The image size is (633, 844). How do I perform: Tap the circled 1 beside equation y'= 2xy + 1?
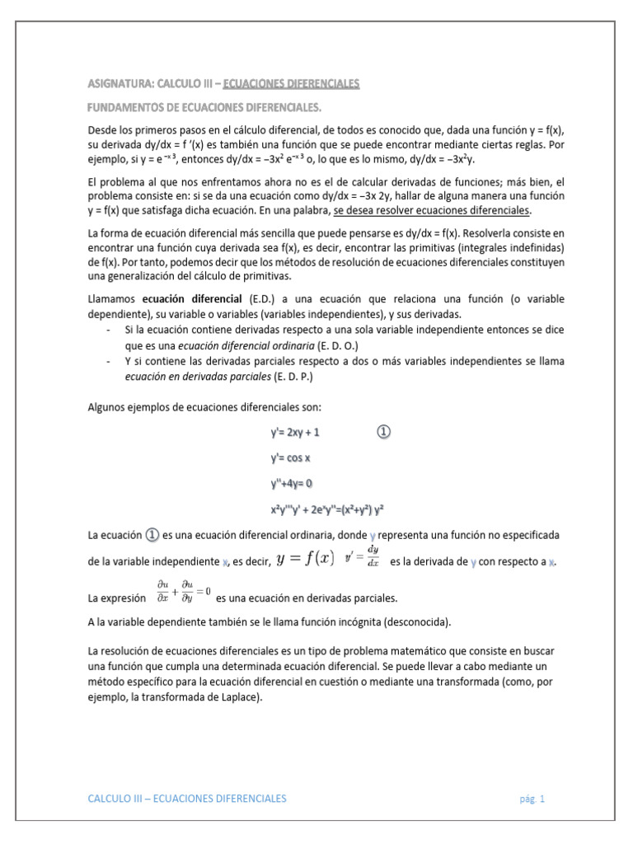(x=384, y=431)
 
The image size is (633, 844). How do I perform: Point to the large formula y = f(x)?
(x=305, y=558)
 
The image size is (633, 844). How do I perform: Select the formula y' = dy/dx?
(x=363, y=558)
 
